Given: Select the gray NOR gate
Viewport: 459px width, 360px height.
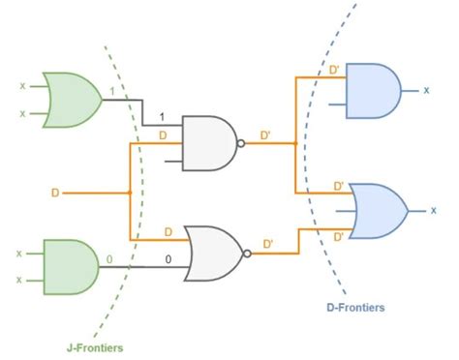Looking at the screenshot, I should pyautogui.click(x=216, y=254).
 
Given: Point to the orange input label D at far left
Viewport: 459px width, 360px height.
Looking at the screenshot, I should pyautogui.click(x=55, y=193).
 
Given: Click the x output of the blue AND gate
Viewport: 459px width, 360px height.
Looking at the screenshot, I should pyautogui.click(x=426, y=90).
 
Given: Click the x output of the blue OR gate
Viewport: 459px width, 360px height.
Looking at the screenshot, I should pyautogui.click(x=433, y=209).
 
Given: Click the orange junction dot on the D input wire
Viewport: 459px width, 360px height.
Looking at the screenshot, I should pyautogui.click(x=129, y=193).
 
